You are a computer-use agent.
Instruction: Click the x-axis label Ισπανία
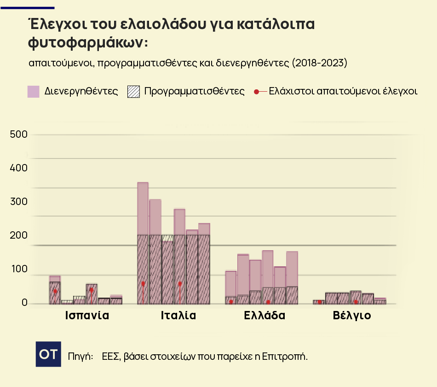tap(87, 316)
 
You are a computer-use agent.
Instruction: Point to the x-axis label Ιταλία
tap(178, 316)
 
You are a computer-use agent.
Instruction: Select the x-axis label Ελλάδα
tap(264, 316)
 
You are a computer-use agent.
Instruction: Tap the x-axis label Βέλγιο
tap(352, 316)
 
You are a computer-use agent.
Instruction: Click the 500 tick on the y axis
tap(19, 134)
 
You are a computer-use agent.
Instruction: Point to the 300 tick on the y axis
tap(19, 201)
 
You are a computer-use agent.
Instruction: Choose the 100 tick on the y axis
tap(19, 269)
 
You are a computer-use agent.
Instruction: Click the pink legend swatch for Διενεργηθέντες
tap(34, 91)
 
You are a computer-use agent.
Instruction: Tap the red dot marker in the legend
tap(256, 91)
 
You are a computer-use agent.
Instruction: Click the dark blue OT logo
tap(48, 354)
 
